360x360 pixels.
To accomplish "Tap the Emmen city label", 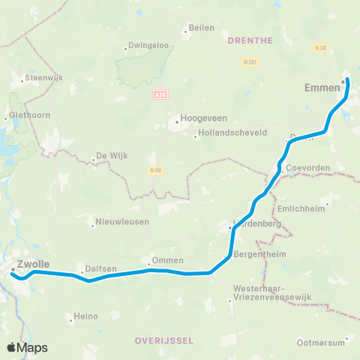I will coord(323,88).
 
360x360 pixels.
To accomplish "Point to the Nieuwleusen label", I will coord(122,222).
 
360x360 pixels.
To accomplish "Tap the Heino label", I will coord(86,316).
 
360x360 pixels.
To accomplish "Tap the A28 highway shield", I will coord(159,94).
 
